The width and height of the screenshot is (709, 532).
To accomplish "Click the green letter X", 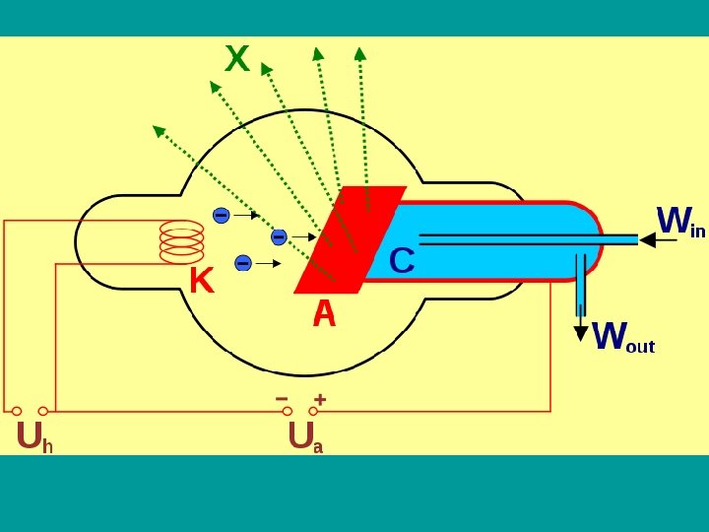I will coord(236,60).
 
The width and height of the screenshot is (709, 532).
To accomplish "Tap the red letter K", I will coord(201,282).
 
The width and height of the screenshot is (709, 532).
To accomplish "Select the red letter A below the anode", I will coord(324,314).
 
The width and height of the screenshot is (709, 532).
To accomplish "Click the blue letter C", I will coord(402,261).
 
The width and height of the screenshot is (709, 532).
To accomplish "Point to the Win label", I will coord(680,223).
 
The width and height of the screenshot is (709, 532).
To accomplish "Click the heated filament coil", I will coord(181,241).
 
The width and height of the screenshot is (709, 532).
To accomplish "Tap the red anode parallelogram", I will coord(350,239).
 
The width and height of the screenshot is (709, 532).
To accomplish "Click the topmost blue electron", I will coord(221,215).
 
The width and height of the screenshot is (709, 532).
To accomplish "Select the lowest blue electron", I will coord(243,262).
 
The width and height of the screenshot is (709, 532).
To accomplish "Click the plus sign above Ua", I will coord(320,399).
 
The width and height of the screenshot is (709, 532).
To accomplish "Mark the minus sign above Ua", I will coord(283,399).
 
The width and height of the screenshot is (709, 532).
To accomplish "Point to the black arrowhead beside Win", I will coord(647,239).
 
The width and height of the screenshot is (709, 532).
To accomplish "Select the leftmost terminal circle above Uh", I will coord(17,411).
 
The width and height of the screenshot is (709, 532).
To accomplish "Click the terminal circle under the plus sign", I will coord(313,411).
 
